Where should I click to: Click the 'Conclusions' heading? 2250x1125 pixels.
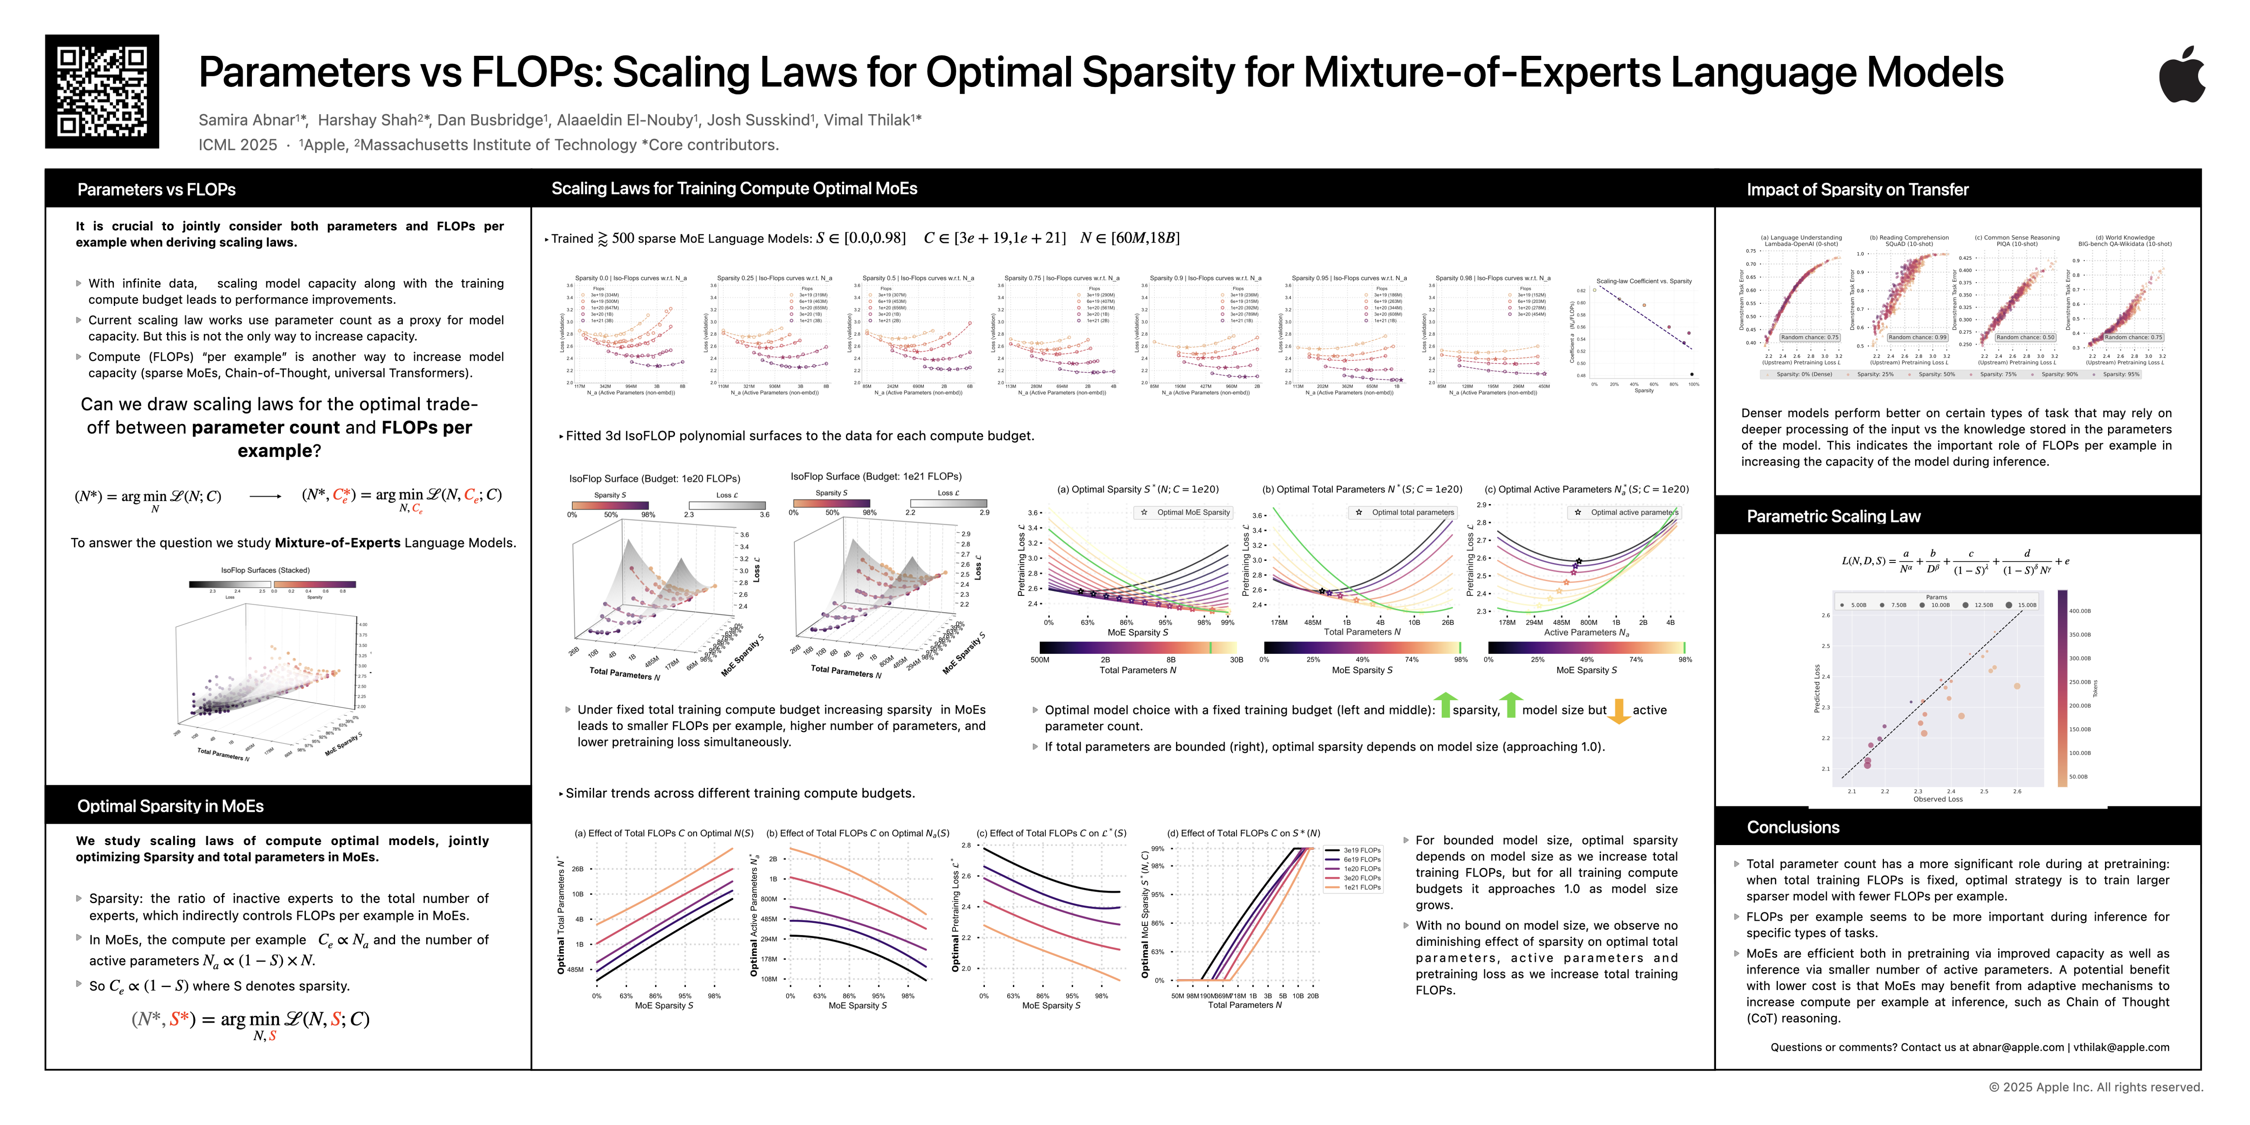(x=1793, y=827)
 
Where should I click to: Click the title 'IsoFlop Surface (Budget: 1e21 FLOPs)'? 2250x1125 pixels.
(x=876, y=476)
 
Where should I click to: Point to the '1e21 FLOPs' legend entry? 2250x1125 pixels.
(x=1362, y=887)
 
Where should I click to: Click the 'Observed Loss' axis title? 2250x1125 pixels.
(x=1937, y=799)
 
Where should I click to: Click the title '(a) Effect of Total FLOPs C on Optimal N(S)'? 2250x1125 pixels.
(x=664, y=833)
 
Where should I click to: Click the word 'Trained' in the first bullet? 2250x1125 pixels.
(x=572, y=239)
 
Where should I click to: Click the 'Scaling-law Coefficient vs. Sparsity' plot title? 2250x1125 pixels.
(x=1644, y=281)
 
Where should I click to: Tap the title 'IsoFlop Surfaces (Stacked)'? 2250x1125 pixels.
(x=265, y=570)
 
